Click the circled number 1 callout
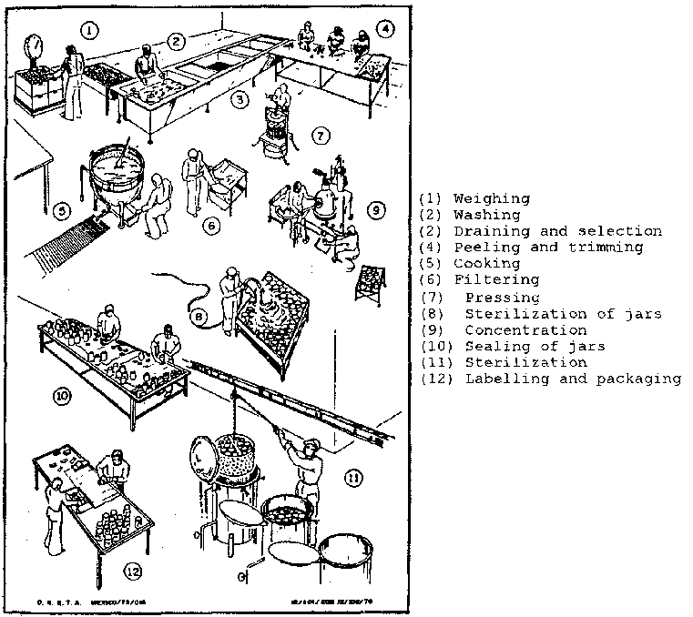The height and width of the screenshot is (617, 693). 88,31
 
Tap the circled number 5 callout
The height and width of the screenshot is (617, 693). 61,212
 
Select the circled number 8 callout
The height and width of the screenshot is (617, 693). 200,318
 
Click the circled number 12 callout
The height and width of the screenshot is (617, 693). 133,571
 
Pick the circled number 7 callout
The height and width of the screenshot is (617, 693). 320,136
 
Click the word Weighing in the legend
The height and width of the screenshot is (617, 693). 491,198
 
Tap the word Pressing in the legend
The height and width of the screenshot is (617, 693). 502,297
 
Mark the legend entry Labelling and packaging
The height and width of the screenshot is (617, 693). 573,379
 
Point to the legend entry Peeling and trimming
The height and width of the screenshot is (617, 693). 547,247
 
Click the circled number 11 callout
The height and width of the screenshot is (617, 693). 352,477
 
